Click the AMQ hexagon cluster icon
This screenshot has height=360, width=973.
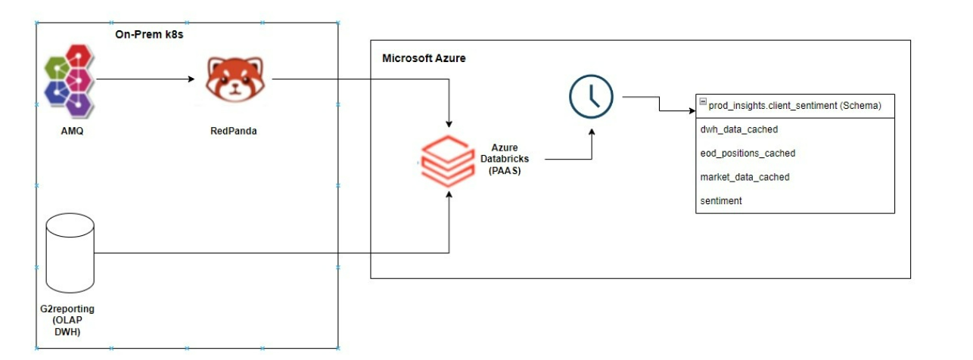[70, 81]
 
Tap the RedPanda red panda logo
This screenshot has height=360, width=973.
[235, 79]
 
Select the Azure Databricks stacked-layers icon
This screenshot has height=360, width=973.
[447, 161]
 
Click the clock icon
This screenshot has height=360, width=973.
[591, 96]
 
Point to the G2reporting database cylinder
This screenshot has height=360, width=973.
[70, 253]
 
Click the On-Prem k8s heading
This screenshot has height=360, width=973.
[149, 34]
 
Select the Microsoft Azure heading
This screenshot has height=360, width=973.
[424, 58]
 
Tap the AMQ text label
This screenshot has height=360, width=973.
[72, 131]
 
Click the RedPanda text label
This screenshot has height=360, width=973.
[233, 131]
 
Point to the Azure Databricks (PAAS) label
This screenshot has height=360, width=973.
[505, 159]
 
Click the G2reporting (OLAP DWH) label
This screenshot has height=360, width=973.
[67, 320]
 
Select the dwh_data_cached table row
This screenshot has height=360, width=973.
[739, 129]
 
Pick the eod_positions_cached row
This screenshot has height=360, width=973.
[748, 154]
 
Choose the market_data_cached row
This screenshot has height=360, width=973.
[745, 177]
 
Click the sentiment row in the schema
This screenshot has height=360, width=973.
[721, 200]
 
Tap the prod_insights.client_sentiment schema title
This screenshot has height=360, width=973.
[794, 106]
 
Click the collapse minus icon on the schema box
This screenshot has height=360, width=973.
[703, 101]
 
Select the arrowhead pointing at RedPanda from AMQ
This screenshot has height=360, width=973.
[191, 79]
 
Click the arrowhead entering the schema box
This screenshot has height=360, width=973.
[692, 110]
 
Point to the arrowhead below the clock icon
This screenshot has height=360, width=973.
[591, 132]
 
